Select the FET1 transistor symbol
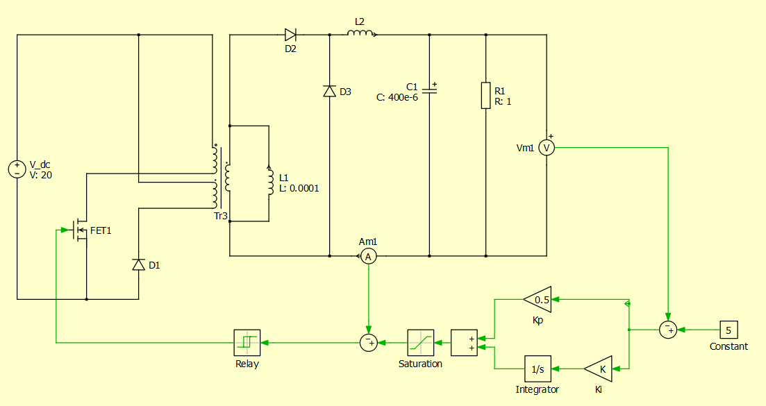pyautogui.click(x=78, y=230)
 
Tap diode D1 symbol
pyautogui.click(x=138, y=264)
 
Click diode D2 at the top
pyautogui.click(x=290, y=35)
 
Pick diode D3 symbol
pyautogui.click(x=329, y=91)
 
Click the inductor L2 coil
pyautogui.click(x=361, y=33)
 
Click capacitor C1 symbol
pyautogui.click(x=429, y=91)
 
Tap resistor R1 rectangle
pyautogui.click(x=485, y=95)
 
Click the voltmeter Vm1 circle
pyautogui.click(x=547, y=147)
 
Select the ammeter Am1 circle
pyautogui.click(x=369, y=257)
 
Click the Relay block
pyautogui.click(x=247, y=342)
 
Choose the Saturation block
pyautogui.click(x=420, y=342)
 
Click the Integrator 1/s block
pyautogui.click(x=536, y=369)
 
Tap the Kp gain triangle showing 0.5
pyautogui.click(x=538, y=299)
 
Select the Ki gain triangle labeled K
pyautogui.click(x=599, y=369)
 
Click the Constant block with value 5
pyautogui.click(x=728, y=330)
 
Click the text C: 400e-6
pyautogui.click(x=397, y=98)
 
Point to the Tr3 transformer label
pyautogui.click(x=221, y=217)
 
